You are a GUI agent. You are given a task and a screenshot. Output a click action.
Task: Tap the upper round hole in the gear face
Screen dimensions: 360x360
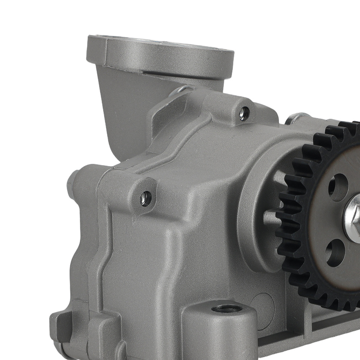pos(338,188)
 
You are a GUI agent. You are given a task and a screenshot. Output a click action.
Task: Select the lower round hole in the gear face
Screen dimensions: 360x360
pos(334,252)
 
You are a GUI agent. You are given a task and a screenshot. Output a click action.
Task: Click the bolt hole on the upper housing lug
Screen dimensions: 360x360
pos(244,114)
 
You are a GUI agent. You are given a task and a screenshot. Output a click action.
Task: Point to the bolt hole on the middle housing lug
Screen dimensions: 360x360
pos(145,198)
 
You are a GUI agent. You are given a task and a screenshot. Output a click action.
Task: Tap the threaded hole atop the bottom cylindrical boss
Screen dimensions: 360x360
pos(226,309)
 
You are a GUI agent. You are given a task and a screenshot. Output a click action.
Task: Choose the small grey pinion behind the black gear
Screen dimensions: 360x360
pos(275,216)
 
